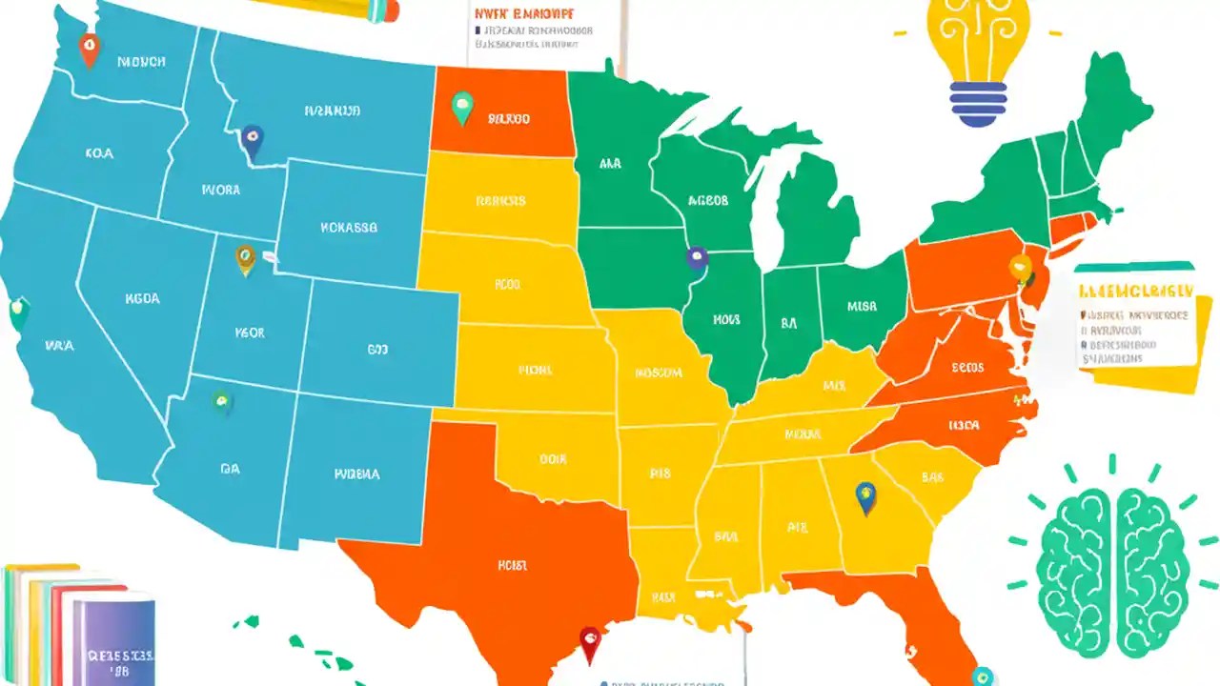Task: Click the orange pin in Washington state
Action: (x=89, y=48)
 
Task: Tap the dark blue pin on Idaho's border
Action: (x=252, y=141)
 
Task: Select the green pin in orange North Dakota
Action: (x=462, y=107)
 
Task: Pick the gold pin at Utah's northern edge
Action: (x=246, y=257)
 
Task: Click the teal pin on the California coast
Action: (x=18, y=312)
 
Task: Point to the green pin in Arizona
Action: (x=222, y=402)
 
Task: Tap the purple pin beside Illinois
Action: (x=697, y=258)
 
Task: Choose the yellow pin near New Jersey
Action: (x=1021, y=268)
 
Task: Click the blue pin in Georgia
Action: (x=865, y=495)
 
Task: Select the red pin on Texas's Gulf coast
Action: (x=590, y=642)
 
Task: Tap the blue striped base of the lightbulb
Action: (x=979, y=103)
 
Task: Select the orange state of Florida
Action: (x=915, y=610)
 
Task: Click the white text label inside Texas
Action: (x=512, y=565)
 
